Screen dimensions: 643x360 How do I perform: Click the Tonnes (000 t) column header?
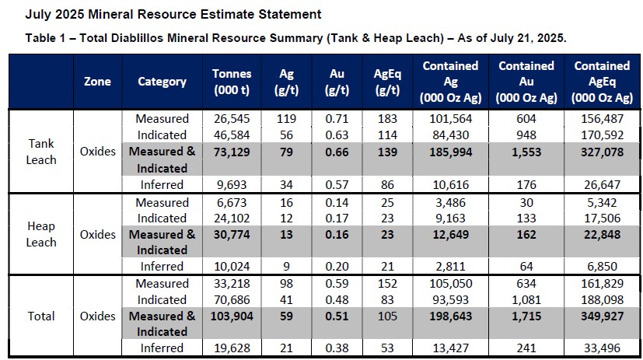click(232, 82)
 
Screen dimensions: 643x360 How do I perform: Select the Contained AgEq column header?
click(602, 82)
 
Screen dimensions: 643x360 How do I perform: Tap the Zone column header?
click(97, 82)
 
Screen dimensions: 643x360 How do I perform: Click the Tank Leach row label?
click(41, 152)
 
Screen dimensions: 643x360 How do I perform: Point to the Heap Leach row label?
click(41, 234)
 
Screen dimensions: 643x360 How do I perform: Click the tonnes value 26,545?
click(232, 119)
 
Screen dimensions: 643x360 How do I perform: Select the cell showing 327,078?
click(602, 152)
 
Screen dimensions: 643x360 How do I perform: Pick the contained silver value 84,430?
click(451, 135)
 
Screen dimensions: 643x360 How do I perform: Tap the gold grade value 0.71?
click(337, 119)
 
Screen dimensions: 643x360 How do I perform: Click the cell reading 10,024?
click(232, 267)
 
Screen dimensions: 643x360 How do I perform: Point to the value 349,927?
click(602, 316)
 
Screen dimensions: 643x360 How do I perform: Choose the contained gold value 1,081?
click(526, 299)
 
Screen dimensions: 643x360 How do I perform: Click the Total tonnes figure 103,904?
click(232, 316)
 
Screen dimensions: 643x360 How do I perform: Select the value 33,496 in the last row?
click(602, 348)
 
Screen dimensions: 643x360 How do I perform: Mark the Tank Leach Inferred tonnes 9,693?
click(232, 185)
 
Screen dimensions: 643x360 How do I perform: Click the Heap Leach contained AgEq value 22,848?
click(602, 235)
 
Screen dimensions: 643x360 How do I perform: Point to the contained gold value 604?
click(526, 119)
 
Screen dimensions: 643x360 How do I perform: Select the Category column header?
click(162, 82)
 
